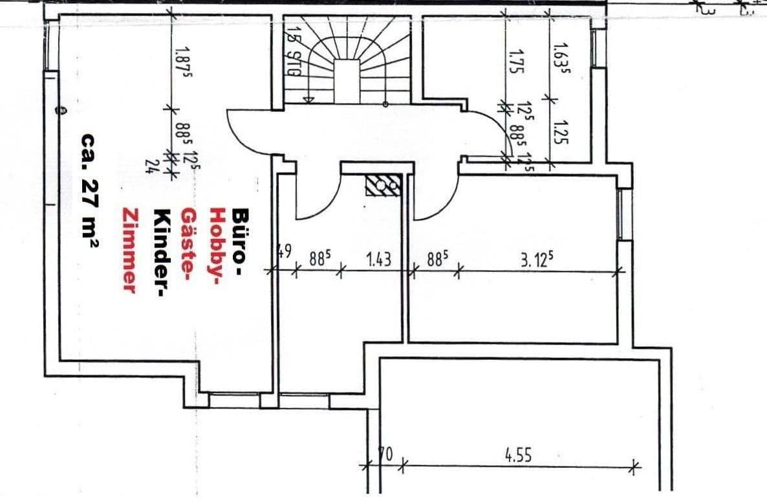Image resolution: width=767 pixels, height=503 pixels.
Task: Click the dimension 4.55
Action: click(517, 455)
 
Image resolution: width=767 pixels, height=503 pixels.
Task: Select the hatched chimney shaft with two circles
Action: click(383, 185)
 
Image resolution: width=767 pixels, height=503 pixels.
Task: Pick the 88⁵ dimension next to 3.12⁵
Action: click(437, 260)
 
